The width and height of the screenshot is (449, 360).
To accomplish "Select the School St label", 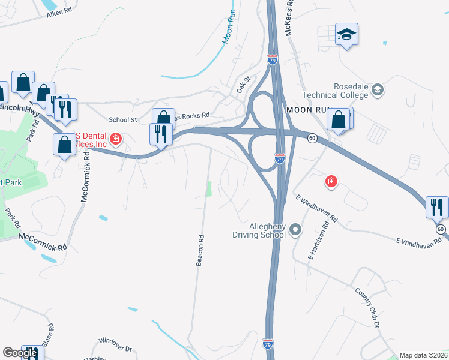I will point(123,120).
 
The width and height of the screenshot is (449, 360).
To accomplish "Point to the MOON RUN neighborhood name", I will point(310,110).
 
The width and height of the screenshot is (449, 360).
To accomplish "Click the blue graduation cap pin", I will point(346,35).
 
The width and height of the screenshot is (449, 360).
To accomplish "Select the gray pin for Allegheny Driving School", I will point(295,230).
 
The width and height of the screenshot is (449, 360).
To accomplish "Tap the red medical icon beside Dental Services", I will point(116,140).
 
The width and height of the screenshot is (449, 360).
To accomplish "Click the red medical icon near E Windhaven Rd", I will point(330,181).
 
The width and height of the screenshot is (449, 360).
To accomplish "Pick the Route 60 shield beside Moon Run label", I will point(312,138).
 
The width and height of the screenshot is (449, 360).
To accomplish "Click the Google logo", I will point(20,353).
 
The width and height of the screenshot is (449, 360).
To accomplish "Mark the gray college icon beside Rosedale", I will point(378,91).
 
